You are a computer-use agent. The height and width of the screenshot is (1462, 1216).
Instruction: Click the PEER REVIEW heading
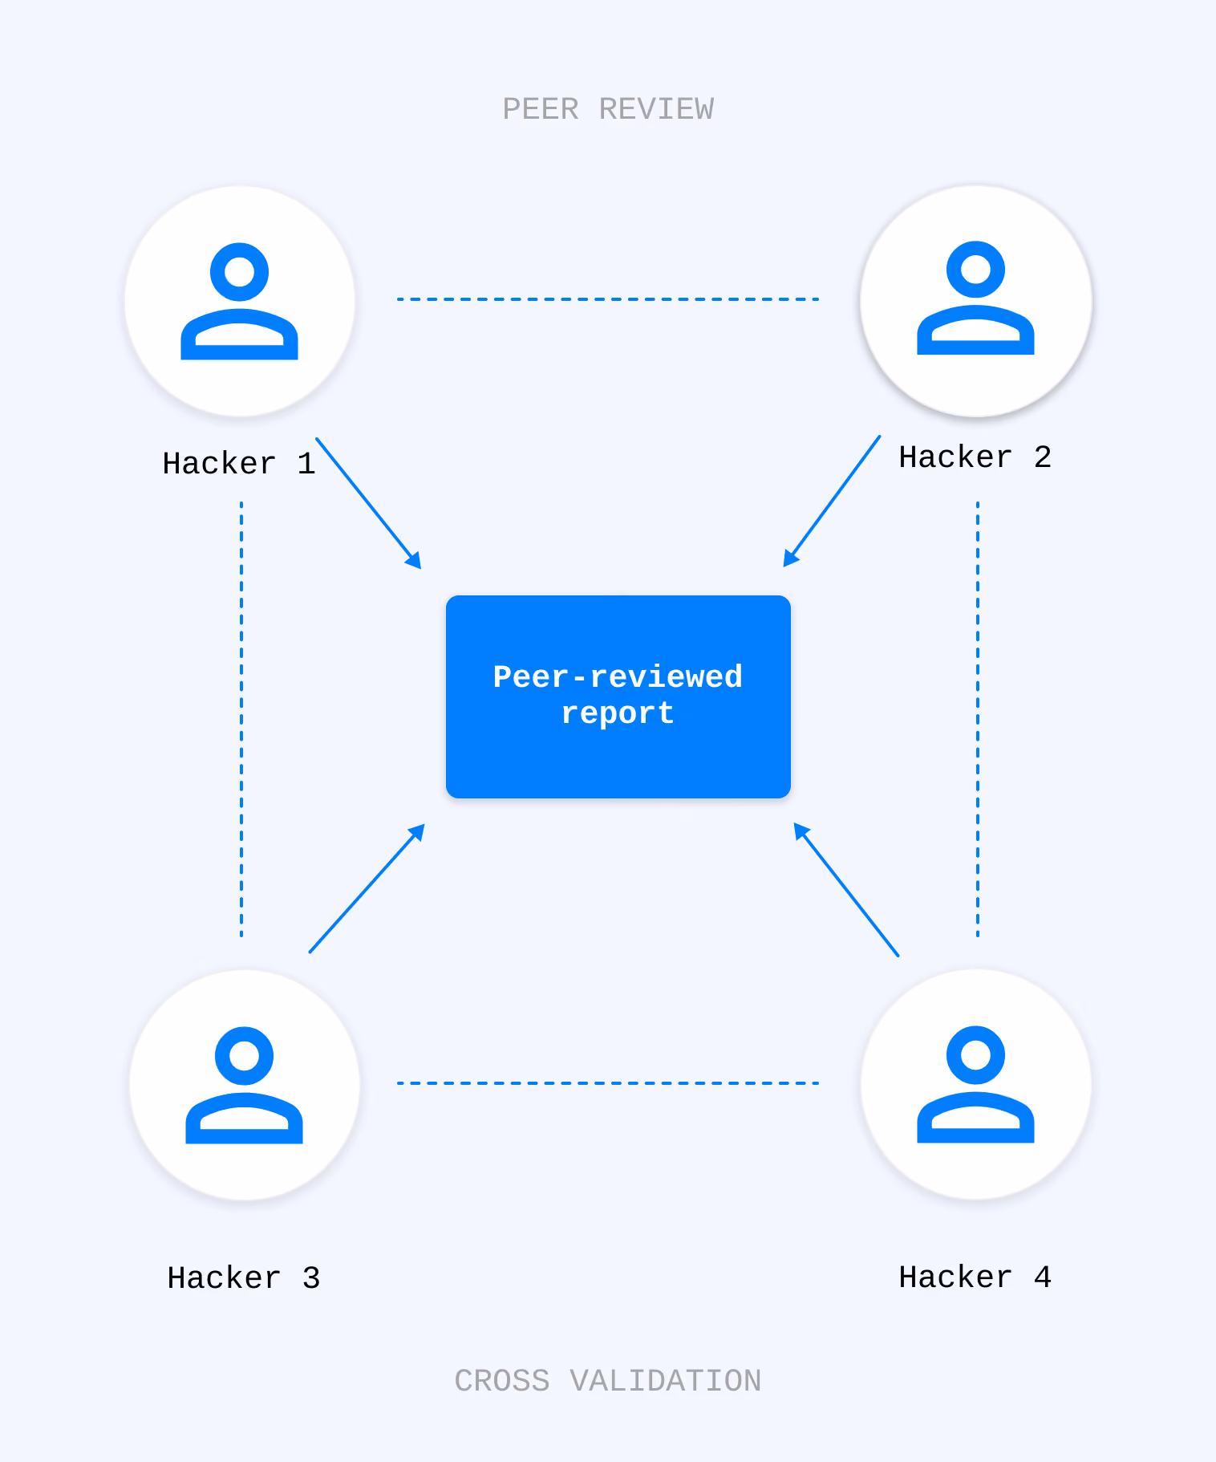pyautogui.click(x=608, y=109)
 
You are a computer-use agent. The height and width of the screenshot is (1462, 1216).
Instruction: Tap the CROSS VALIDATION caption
pyautogui.click(x=608, y=1381)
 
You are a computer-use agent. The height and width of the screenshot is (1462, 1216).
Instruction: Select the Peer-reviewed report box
pyautogui.click(x=618, y=696)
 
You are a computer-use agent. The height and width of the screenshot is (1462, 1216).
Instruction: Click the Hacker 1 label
pyautogui.click(x=239, y=464)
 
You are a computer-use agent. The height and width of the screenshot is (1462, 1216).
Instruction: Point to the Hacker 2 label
pyautogui.click(x=975, y=457)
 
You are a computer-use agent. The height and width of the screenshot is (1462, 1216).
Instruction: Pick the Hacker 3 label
pyautogui.click(x=244, y=1278)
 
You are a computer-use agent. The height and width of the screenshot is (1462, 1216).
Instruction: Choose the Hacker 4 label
pyautogui.click(x=975, y=1277)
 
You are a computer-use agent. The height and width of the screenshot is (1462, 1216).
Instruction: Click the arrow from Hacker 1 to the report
pyautogui.click(x=369, y=504)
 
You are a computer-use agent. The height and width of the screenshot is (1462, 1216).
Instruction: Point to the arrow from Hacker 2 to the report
pyautogui.click(x=832, y=502)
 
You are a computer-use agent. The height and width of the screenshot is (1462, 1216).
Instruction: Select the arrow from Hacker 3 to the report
pyautogui.click(x=367, y=888)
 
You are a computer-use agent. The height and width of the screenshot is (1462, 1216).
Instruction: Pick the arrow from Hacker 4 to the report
pyautogui.click(x=846, y=889)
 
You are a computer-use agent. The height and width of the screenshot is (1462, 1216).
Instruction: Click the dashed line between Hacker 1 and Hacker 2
pyautogui.click(x=608, y=299)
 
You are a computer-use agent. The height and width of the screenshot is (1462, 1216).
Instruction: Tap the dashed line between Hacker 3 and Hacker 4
pyautogui.click(x=608, y=1083)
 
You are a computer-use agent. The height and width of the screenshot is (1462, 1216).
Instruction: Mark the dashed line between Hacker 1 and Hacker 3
pyautogui.click(x=241, y=719)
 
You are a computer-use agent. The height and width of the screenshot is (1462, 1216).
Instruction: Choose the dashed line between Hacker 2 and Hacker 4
pyautogui.click(x=978, y=719)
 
